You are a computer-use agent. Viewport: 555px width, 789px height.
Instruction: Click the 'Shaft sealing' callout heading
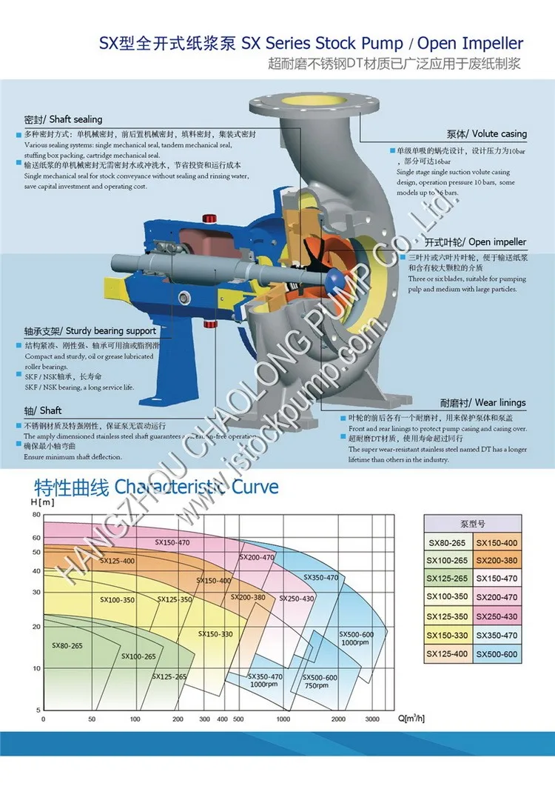pos(63,119)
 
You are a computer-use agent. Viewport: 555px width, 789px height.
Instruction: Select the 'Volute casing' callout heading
pos(486,134)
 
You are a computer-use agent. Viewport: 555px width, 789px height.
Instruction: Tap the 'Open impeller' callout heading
pos(486,242)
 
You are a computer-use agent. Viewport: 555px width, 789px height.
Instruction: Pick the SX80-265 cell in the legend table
pos(448,542)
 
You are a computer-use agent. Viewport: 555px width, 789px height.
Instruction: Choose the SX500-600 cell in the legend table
pos(497,653)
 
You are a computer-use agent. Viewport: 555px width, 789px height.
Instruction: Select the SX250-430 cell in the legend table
pos(497,616)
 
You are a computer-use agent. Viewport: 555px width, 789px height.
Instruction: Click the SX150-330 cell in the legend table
pos(448,635)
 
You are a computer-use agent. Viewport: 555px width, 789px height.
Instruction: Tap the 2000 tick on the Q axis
pos(338,719)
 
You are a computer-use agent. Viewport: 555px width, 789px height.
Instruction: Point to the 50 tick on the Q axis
pos(92,719)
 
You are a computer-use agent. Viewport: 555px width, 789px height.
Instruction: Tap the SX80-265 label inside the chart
pos(67,646)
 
